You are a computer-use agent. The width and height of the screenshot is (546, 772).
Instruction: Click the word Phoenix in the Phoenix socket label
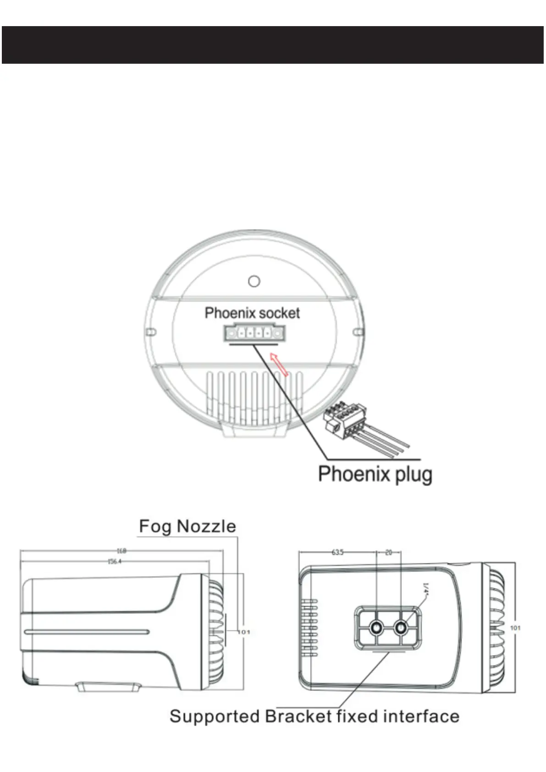coord(228,313)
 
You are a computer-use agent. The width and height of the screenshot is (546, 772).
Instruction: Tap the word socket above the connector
coord(278,313)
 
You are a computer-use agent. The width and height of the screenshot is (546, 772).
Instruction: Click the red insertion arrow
coord(279,364)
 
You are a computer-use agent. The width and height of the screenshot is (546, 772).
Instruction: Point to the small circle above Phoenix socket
coord(254,281)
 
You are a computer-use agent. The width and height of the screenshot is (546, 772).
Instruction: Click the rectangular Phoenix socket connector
coord(254,333)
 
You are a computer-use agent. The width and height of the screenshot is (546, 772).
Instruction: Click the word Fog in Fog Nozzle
coord(155,526)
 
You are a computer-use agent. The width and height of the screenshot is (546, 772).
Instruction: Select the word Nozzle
coord(206,526)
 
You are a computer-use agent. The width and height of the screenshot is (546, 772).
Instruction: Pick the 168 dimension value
coord(121,551)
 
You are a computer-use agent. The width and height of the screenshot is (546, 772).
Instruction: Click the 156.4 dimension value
coord(115,561)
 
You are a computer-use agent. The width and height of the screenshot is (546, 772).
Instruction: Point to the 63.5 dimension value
coord(337,552)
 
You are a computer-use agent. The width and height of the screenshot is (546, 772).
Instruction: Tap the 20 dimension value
coord(388,552)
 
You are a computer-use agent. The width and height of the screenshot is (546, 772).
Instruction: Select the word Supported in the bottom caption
coord(215,717)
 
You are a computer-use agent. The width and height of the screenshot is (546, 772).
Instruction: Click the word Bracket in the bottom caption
coord(298,716)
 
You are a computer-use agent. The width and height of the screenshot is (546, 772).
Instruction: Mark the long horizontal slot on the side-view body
coord(87,632)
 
